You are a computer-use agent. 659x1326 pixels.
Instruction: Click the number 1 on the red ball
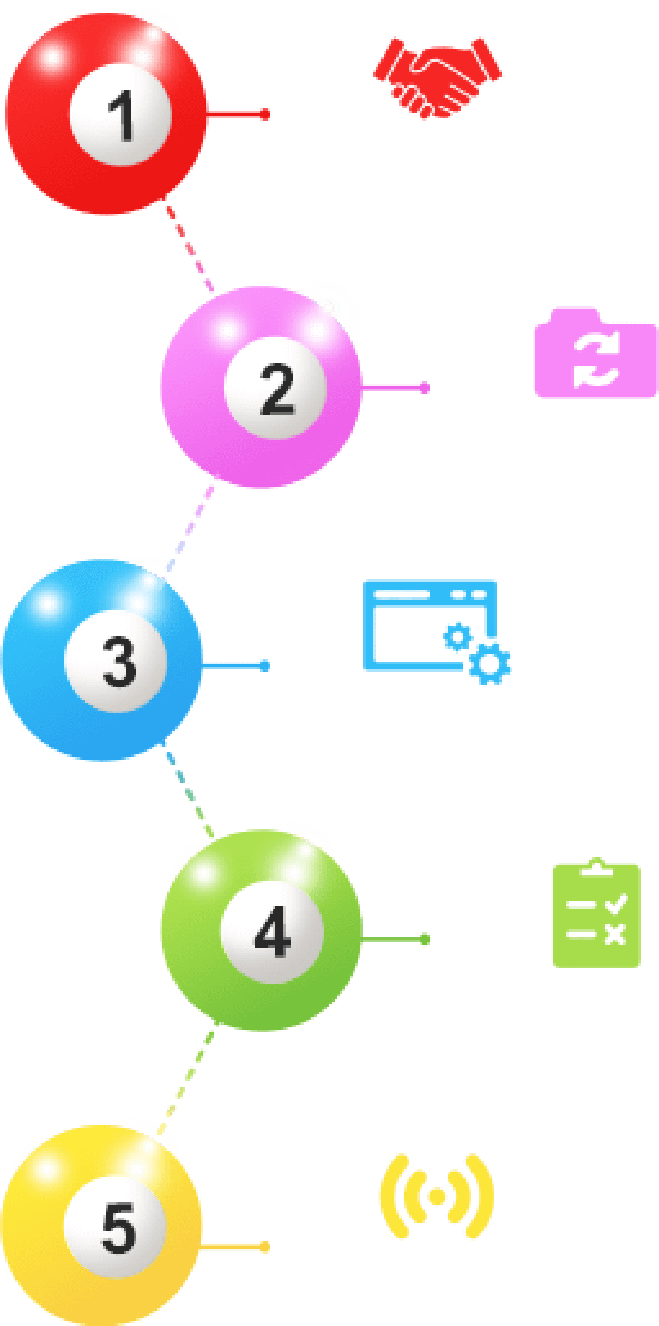(x=121, y=115)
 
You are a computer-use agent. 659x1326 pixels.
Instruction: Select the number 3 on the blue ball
(x=120, y=661)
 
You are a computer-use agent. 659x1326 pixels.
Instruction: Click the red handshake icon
(x=438, y=77)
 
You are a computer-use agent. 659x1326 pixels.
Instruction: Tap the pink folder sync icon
(x=595, y=354)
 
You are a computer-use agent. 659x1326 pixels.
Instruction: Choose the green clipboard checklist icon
(x=596, y=914)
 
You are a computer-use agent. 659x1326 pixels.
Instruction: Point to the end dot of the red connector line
(x=265, y=115)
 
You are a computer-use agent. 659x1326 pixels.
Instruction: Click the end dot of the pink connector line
(x=425, y=388)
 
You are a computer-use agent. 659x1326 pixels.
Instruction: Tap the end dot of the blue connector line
(x=265, y=666)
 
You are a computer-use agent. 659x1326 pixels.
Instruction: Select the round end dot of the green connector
(x=425, y=940)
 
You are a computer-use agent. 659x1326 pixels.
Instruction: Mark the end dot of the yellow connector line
(x=265, y=1247)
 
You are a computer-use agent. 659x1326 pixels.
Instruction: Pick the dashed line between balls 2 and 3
(x=192, y=523)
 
